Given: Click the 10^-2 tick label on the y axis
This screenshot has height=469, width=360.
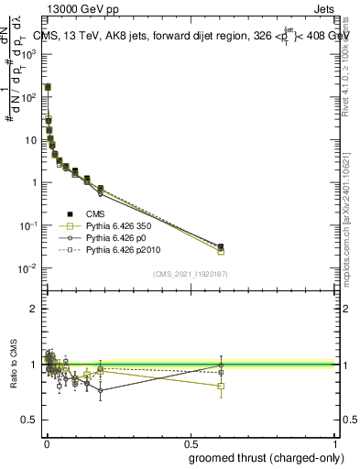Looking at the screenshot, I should [x=27, y=268].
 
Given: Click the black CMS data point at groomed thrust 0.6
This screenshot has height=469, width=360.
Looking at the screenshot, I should [x=221, y=246].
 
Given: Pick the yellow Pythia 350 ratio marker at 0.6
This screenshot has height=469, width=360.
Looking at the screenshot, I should [x=221, y=386].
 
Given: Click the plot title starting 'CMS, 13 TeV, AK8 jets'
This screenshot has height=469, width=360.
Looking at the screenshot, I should [x=188, y=36].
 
